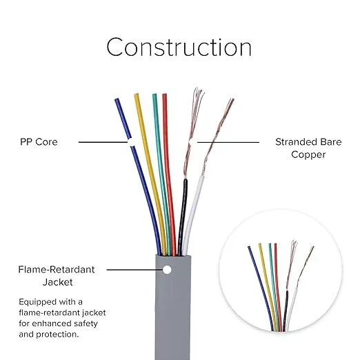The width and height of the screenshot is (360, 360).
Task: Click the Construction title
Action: click(179, 48)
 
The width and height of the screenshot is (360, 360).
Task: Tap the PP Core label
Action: click(39, 142)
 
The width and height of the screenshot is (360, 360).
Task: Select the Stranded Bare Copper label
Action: click(308, 148)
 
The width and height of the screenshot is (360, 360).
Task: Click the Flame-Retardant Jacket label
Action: click(57, 276)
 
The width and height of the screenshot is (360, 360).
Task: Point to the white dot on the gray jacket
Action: click(167, 270)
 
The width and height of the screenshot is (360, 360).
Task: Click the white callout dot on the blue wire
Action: click(131, 142)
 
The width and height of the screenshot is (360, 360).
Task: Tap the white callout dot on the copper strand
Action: click(191, 142)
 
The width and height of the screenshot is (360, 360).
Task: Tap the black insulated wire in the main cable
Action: click(183, 216)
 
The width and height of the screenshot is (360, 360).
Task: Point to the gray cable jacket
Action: click(173, 308)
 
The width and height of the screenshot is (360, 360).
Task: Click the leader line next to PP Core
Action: click(103, 142)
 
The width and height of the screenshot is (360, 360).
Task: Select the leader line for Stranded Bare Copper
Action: click(228, 142)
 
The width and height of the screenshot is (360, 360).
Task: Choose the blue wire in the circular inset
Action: click(261, 288)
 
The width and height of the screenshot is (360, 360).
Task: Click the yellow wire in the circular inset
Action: click(268, 288)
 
